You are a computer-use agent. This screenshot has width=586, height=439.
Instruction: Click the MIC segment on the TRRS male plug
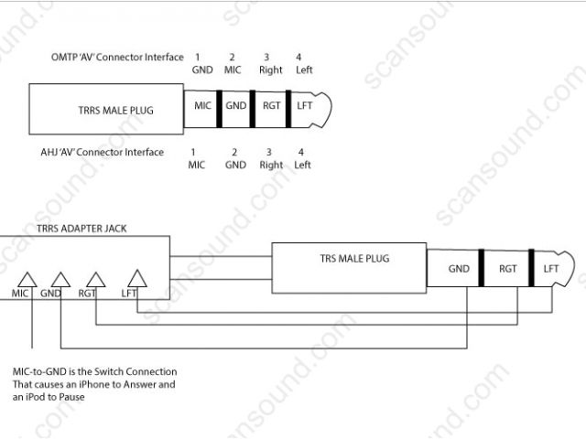point(202,106)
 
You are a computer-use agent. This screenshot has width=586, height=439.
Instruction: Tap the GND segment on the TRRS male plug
point(236,106)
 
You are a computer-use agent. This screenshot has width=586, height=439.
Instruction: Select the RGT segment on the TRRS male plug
point(271,106)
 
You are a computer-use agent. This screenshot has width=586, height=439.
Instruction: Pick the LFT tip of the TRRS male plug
point(305,106)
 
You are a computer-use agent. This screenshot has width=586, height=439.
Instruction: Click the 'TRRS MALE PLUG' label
point(116,111)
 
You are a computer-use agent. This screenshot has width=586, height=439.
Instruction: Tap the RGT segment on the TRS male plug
point(508,269)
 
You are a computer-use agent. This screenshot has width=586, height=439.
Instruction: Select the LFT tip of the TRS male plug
point(551,269)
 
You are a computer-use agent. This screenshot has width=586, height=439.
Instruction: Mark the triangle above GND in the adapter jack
point(60,279)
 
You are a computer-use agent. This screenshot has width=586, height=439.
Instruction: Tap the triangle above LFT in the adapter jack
point(137,279)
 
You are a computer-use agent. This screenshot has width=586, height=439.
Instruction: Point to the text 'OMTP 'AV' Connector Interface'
point(117,58)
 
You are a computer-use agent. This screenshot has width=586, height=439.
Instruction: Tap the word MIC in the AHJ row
point(197,166)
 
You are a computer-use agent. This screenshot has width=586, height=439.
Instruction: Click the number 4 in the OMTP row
point(298,58)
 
